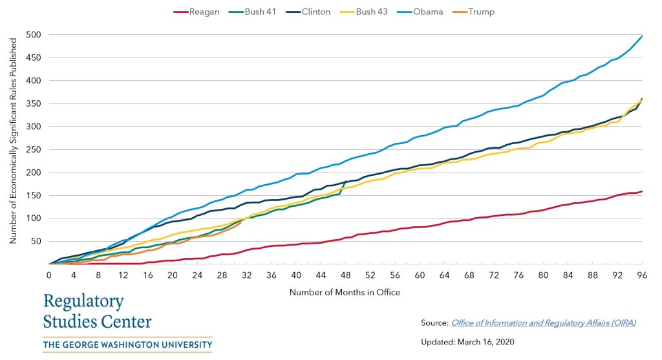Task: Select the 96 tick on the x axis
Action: [x=642, y=275]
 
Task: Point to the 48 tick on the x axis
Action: [x=345, y=275]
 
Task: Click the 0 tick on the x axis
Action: [x=49, y=275]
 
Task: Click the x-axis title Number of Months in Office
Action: [x=345, y=292]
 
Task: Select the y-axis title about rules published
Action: [x=13, y=149]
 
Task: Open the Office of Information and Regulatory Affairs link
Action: [x=543, y=323]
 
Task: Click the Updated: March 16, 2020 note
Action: [x=467, y=341]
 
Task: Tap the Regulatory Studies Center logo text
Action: [x=98, y=311]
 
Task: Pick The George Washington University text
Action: [x=127, y=345]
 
